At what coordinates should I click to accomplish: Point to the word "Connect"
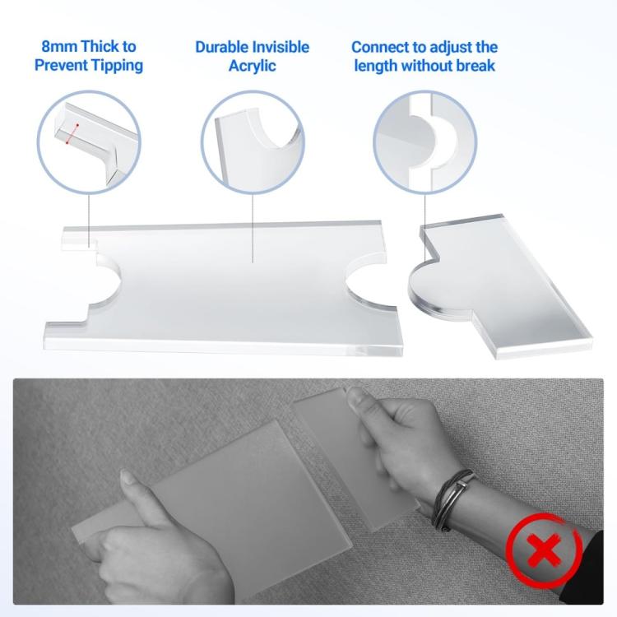click(383, 47)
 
